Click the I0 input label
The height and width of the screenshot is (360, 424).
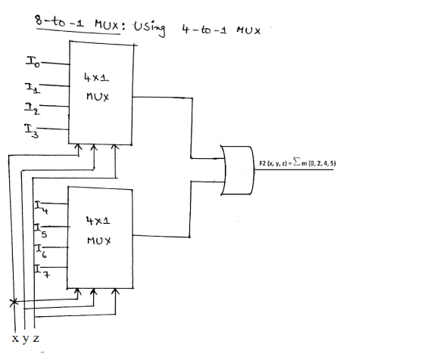tap(33, 61)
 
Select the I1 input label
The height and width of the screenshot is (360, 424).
tap(33, 88)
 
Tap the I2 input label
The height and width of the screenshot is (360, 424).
tap(32, 109)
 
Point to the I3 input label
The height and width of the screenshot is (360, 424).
tap(32, 131)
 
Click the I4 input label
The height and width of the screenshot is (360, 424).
tap(42, 207)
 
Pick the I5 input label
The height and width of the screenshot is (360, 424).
tap(41, 231)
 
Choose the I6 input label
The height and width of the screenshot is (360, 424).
tap(41, 251)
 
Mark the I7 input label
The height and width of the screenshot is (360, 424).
tap(42, 272)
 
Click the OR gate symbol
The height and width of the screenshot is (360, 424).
tap(238, 170)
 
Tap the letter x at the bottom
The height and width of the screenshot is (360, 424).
tap(15, 338)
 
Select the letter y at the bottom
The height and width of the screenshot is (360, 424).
tap(26, 340)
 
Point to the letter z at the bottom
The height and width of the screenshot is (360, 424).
tap(36, 338)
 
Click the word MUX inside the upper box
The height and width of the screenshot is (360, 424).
tap(98, 97)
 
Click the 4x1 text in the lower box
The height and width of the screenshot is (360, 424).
tap(98, 221)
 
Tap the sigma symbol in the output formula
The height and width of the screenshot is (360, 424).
tap(297, 162)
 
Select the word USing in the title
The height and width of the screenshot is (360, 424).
tap(150, 28)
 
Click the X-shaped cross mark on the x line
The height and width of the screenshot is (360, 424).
tap(14, 303)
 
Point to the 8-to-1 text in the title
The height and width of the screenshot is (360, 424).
tap(59, 21)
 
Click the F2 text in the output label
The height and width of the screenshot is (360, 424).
tap(263, 163)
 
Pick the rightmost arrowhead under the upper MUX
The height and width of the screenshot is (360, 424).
tap(115, 147)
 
